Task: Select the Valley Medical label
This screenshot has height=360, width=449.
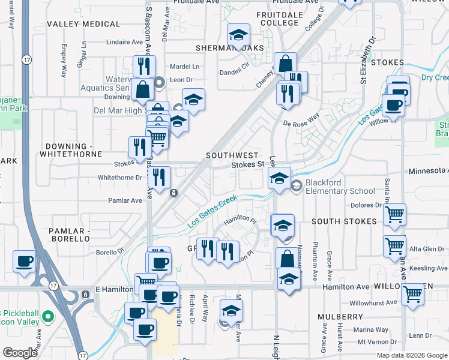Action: pos(83,24)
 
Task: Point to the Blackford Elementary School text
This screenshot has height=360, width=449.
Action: pos(340,187)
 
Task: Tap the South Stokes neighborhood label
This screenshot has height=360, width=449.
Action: pos(344,221)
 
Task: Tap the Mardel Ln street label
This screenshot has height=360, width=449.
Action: pos(184,67)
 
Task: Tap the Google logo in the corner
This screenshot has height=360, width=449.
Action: pos(20,353)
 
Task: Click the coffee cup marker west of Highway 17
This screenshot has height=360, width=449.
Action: pos(23,262)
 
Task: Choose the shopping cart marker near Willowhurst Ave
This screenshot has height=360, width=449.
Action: pos(412,294)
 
